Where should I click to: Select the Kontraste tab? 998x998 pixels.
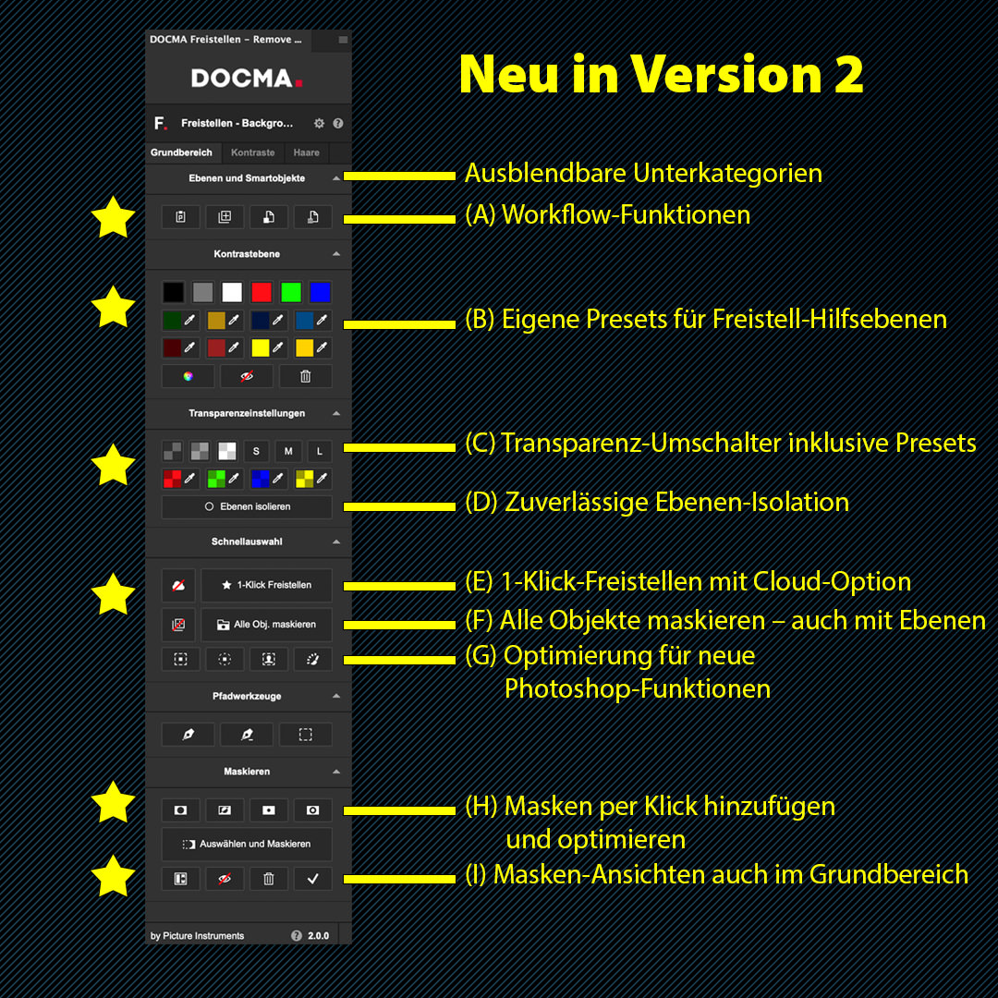[x=252, y=152]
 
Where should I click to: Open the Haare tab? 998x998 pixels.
[x=306, y=152]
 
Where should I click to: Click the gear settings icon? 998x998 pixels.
[x=319, y=124]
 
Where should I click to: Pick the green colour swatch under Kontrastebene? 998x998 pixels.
[x=291, y=292]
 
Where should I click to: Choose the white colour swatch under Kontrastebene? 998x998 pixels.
[x=232, y=292]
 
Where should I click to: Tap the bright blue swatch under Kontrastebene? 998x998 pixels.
[x=320, y=292]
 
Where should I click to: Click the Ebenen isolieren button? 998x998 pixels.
[x=247, y=506]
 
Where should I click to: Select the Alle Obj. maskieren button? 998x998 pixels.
[x=267, y=625]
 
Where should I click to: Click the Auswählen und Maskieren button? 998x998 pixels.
[x=247, y=844]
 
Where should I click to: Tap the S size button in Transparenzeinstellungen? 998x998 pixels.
[x=256, y=451]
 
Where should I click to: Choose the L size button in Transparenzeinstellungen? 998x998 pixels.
[x=320, y=451]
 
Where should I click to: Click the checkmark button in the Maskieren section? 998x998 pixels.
[x=312, y=879]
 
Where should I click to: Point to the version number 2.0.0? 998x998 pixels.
[x=318, y=935]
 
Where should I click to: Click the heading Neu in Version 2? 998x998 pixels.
[x=661, y=74]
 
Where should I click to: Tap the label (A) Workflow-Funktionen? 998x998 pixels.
[x=607, y=215]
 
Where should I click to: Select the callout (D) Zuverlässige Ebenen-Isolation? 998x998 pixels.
[x=657, y=502]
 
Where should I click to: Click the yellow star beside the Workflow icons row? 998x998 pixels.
[x=114, y=217]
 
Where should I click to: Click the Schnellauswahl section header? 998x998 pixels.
[x=247, y=542]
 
